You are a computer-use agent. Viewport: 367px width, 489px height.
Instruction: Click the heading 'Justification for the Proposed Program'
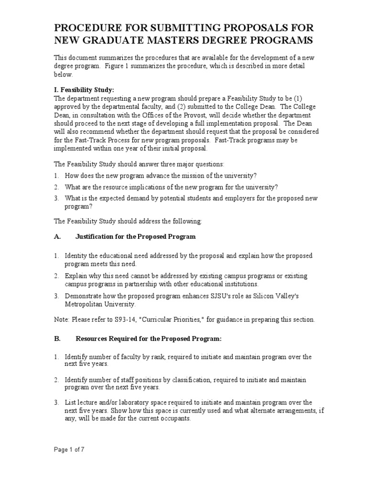click(136, 236)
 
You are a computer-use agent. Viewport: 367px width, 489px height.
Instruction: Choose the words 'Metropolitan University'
click(100, 304)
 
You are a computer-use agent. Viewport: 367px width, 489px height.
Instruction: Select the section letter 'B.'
click(57, 339)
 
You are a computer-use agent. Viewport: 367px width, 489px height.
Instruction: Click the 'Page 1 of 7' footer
click(69, 449)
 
